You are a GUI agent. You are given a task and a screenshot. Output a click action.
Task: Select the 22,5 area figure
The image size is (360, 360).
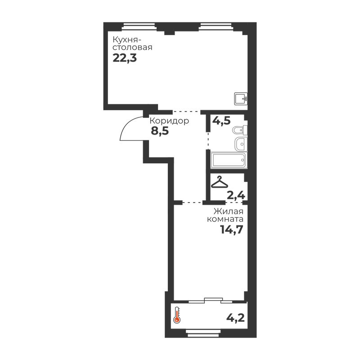pos(124,58)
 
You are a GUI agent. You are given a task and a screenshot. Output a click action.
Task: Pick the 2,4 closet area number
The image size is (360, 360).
pos(235,195)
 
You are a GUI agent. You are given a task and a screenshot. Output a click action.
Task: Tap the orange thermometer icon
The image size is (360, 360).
pos(178,315)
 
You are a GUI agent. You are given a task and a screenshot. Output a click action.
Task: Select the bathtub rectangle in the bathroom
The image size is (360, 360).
pos(228,160)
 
